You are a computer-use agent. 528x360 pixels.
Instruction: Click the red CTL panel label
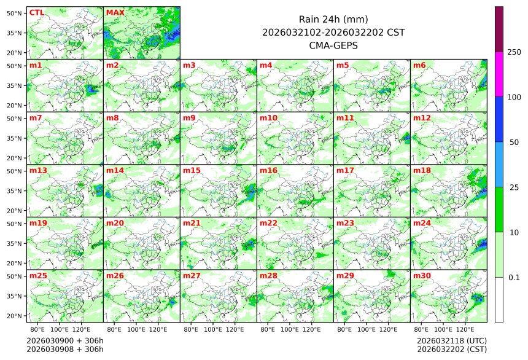coord(36,12)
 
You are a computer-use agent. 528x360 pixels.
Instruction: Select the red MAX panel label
coord(115,12)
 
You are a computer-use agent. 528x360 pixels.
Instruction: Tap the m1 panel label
coord(36,65)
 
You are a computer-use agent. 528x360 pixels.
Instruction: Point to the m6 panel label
coord(419,65)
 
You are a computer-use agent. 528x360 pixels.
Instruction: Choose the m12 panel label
coord(421,118)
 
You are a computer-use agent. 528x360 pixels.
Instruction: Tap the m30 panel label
coord(421,276)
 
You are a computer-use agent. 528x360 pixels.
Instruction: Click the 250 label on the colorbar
coord(514,52)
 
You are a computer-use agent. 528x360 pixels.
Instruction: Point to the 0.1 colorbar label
coord(514,277)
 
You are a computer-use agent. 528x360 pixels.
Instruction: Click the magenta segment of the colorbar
coord(499,74)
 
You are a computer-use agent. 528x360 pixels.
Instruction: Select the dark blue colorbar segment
coord(499,119)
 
